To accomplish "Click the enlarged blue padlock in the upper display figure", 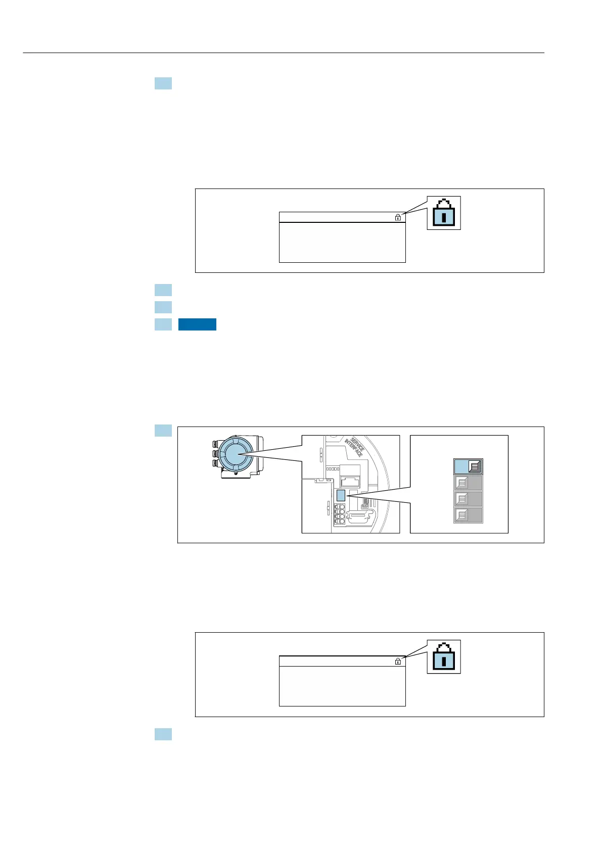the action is (x=443, y=213).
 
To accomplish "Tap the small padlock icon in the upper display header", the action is (x=398, y=217).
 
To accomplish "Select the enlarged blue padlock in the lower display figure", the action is (x=443, y=656).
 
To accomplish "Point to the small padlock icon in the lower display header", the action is (x=398, y=661).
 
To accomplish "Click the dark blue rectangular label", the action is (x=197, y=324).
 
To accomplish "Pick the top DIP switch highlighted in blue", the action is (x=468, y=466).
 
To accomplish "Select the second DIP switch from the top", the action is (x=468, y=483).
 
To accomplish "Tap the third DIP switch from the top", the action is (x=468, y=499).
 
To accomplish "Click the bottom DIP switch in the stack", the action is (x=468, y=515).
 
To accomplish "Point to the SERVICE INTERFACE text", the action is (x=354, y=446).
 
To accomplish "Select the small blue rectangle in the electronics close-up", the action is (x=340, y=495).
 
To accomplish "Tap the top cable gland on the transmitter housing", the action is (x=215, y=444).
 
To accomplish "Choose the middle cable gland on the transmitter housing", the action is (x=215, y=453).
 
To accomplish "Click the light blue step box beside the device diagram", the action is (x=163, y=431).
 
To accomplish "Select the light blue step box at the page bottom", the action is (x=163, y=734).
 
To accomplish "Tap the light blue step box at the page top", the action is (x=163, y=83).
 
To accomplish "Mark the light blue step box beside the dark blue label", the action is (x=163, y=324).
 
